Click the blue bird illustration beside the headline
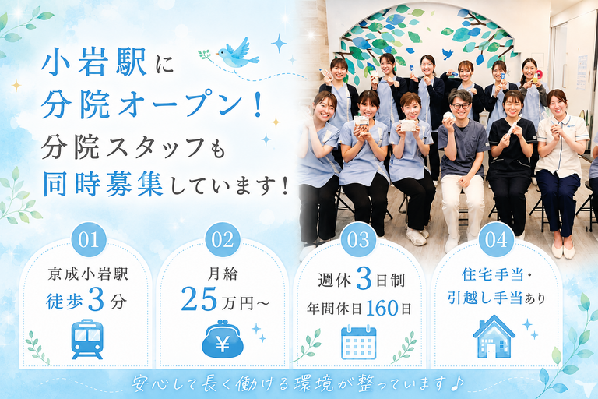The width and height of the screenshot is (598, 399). tap(237, 54)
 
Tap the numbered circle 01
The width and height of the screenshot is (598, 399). tap(89, 239)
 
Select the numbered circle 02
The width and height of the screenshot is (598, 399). tap(223, 239)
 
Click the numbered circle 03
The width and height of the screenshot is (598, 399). tap(358, 239)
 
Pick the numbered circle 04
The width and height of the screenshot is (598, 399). tap(496, 239)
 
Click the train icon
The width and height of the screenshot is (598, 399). tap(87, 339)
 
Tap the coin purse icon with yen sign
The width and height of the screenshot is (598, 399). tap(223, 340)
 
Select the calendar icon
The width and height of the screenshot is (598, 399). tap(358, 342)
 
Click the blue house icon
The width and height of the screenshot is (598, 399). tap(494, 337)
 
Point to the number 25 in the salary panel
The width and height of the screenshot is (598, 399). tap(199, 299)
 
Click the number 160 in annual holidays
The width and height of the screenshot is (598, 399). tap(382, 308)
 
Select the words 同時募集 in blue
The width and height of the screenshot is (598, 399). tap(103, 184)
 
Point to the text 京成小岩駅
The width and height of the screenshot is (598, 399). tap(88, 274)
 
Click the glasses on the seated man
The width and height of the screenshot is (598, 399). tap(461, 106)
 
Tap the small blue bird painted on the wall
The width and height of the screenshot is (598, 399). tap(448, 54)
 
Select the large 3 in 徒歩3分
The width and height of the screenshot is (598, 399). tap(96, 300)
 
